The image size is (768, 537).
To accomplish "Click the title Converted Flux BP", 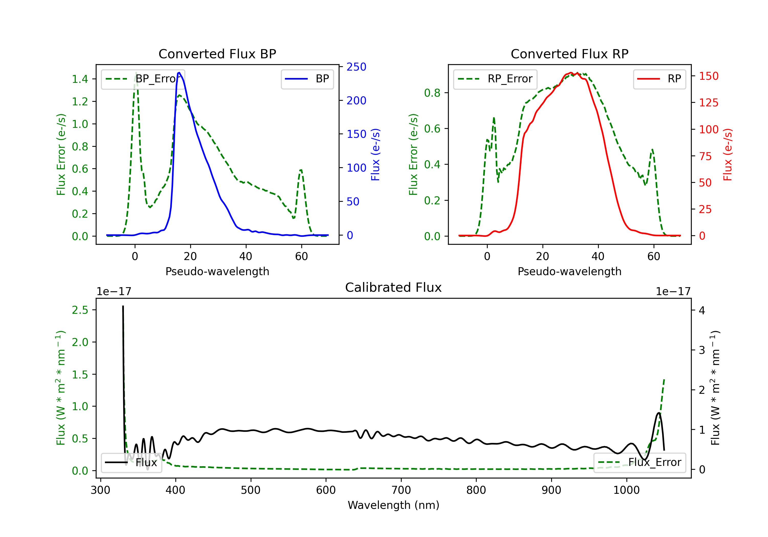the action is tap(217, 54).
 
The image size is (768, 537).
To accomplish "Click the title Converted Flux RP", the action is tap(569, 54).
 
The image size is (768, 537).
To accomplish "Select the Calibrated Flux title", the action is tap(393, 287).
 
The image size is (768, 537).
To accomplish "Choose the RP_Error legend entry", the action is tap(495, 79).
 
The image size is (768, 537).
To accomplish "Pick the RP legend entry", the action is tap(659, 79).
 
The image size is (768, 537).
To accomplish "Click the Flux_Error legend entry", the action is tap(639, 463).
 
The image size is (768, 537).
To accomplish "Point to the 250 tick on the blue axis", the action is tap(356, 67).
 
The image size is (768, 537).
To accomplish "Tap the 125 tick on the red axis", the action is tap(708, 103).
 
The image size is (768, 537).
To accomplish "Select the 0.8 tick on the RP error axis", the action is tap(432, 93).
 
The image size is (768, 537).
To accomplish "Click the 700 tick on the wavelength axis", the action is tap(401, 490).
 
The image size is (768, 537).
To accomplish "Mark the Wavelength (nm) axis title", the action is tap(393, 505).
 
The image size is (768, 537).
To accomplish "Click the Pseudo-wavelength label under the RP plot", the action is tap(569, 271).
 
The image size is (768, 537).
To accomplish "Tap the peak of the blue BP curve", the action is tap(179, 73).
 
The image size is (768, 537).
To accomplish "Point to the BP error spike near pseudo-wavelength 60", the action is tap(301, 170).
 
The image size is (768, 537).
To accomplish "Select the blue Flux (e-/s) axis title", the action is tap(375, 155).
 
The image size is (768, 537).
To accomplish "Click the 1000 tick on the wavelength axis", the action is tap(626, 490).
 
